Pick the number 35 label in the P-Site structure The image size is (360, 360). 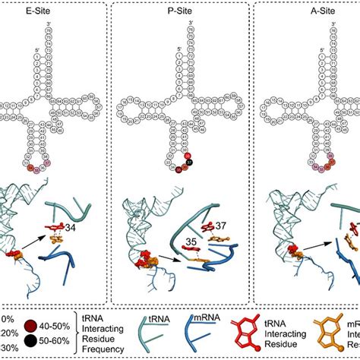click(x=176, y=245)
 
